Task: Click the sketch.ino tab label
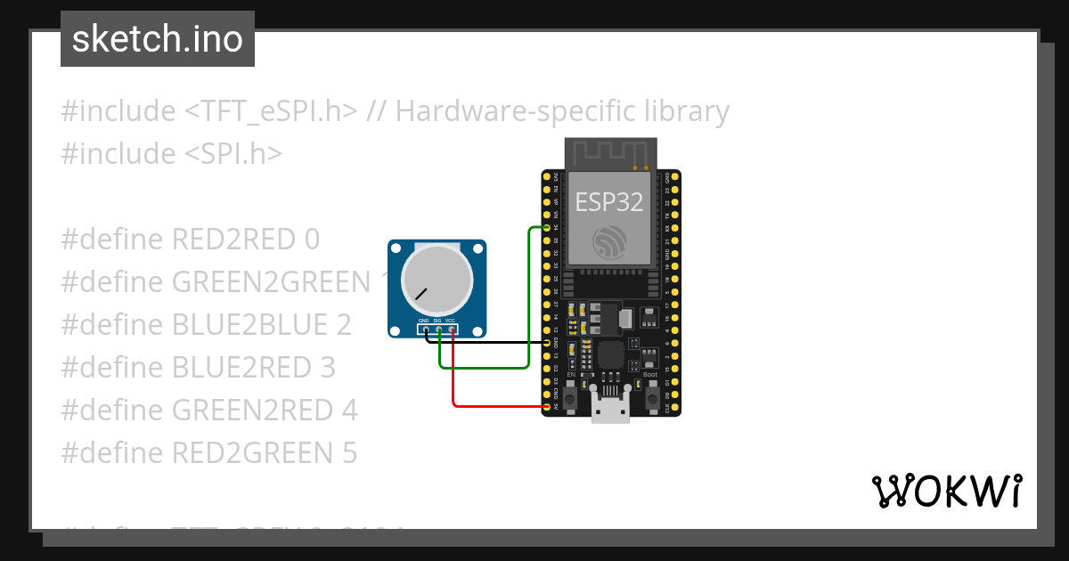[158, 39]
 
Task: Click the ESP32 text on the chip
[608, 202]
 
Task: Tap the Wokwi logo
[946, 491]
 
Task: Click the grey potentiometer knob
[437, 280]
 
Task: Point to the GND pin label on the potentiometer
[424, 321]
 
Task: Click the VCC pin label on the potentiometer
[450, 321]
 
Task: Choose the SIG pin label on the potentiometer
[437, 321]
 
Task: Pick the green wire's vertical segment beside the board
[529, 294]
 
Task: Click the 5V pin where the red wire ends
[546, 406]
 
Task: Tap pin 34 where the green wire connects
[546, 228]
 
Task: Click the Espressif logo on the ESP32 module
[609, 241]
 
